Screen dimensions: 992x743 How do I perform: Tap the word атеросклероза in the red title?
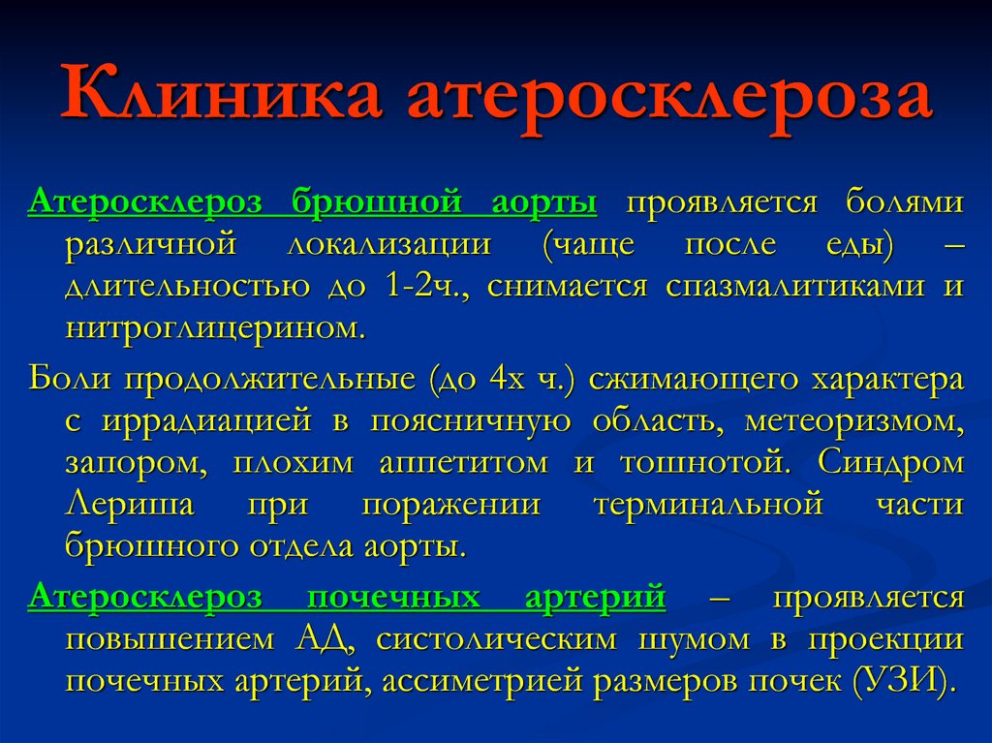[x=670, y=99]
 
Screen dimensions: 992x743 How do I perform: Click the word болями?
[x=905, y=201]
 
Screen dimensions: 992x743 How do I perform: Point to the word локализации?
[x=389, y=245]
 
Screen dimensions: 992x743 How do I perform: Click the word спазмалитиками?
[x=794, y=286]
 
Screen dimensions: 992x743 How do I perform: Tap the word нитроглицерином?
[x=215, y=328]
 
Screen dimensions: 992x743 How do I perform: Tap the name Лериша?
[x=130, y=505]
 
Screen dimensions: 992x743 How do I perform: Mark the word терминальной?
[x=708, y=505]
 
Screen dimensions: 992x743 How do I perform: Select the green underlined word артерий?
[x=596, y=598]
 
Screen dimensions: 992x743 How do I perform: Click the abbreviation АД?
[x=325, y=640]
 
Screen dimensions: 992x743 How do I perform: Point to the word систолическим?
[x=496, y=640]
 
